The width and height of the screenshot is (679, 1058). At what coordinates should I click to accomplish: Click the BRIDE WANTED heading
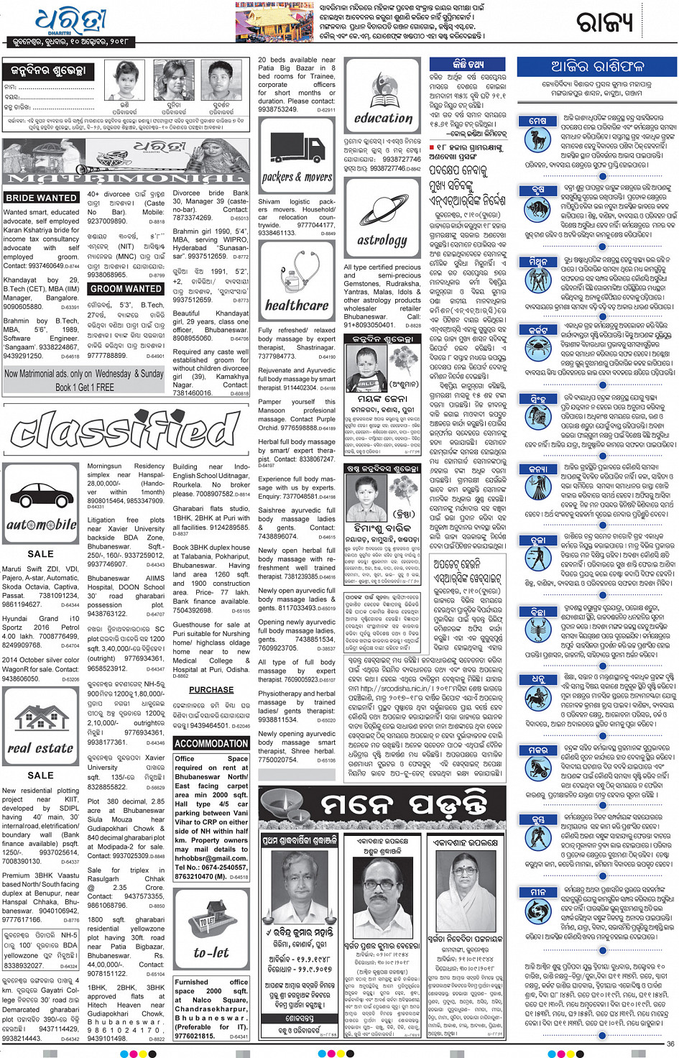[x=41, y=198]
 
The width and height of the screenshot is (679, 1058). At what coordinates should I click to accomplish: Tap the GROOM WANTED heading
[x=126, y=288]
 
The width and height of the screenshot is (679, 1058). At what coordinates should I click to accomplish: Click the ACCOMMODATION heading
[x=211, y=743]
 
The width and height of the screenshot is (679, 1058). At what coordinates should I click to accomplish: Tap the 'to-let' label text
[x=211, y=953]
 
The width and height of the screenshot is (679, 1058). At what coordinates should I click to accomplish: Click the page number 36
[x=670, y=1044]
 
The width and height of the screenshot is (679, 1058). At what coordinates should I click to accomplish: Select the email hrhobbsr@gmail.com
[x=211, y=858]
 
